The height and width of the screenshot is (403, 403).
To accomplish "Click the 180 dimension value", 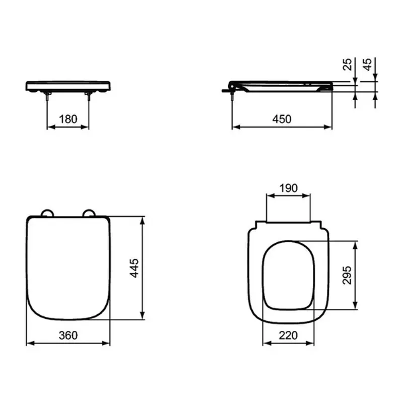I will (x=68, y=119).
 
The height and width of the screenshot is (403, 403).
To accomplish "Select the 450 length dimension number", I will (x=282, y=119).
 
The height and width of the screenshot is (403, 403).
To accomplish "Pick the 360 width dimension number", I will (x=68, y=335).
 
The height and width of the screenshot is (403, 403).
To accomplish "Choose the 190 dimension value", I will (x=288, y=188).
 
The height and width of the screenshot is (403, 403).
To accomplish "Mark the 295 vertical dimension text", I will (x=347, y=275).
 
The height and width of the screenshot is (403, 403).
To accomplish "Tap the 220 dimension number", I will (x=288, y=335).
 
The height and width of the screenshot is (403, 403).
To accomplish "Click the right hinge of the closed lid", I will (x=90, y=213).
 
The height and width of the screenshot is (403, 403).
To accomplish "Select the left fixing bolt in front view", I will (x=48, y=98).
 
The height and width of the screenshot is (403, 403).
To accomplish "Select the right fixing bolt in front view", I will (x=89, y=98).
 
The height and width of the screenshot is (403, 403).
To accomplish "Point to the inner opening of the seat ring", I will (x=288, y=275).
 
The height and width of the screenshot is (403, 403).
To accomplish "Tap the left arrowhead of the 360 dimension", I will (x=29, y=343).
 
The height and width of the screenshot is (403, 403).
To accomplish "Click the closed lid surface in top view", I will (x=68, y=267).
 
